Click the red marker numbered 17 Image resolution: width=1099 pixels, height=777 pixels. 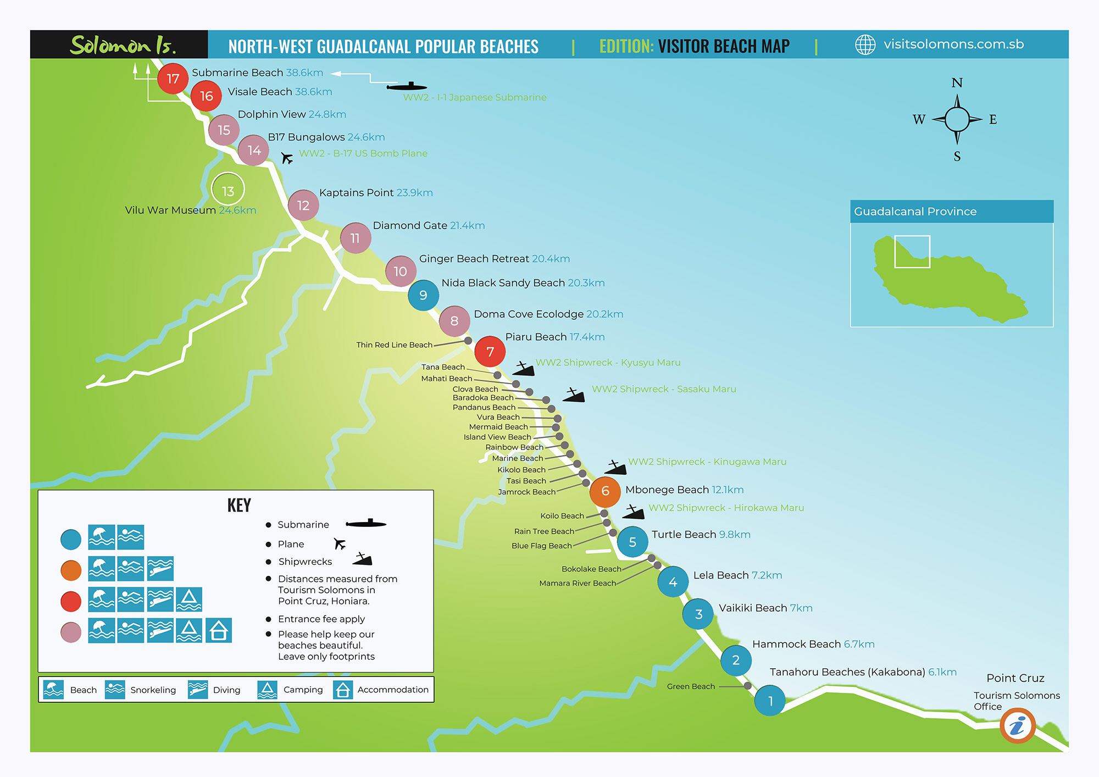pos(173,79)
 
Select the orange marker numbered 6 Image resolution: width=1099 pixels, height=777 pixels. pos(605,491)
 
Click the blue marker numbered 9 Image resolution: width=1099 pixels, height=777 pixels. pos(423,295)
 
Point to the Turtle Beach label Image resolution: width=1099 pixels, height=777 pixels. pos(684,534)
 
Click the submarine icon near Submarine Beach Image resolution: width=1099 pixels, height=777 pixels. pos(407,86)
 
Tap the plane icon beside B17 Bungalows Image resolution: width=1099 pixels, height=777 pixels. pos(287,158)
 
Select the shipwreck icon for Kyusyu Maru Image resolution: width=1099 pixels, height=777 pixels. pos(523,369)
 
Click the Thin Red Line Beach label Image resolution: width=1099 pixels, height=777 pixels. pos(394,345)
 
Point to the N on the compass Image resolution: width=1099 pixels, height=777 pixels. pos(957,83)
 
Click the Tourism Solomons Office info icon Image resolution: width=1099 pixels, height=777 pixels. pos(1017,725)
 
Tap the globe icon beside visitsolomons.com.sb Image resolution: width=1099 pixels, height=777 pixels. pos(865,45)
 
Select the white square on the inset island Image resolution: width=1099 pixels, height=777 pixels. pos(912,252)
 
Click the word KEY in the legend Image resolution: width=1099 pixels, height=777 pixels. pos(239,505)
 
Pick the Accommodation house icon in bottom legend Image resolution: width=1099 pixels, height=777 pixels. pos(342,690)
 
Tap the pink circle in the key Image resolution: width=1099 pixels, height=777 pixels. pos(71,632)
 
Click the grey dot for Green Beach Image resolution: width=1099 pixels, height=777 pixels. pos(747,686)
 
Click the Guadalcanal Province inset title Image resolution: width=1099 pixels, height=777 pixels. pos(915,212)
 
